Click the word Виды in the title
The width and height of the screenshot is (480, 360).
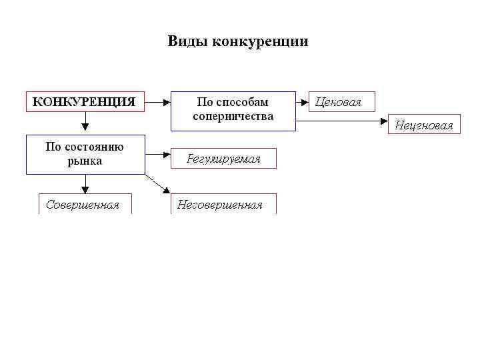187,42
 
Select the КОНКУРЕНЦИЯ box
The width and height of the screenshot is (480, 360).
85,101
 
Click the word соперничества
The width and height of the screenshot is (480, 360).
233,116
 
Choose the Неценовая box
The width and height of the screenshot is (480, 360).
424,125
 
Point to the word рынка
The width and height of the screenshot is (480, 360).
85,161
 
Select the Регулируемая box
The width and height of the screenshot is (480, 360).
223,159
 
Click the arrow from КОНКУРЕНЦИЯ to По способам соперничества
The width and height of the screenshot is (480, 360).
158,102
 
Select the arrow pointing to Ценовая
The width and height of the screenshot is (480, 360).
302,102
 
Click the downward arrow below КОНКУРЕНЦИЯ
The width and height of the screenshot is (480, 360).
85,121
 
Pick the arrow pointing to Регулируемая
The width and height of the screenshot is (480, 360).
158,155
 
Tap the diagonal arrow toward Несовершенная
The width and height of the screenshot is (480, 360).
157,184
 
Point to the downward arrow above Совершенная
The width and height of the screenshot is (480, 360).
85,184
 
